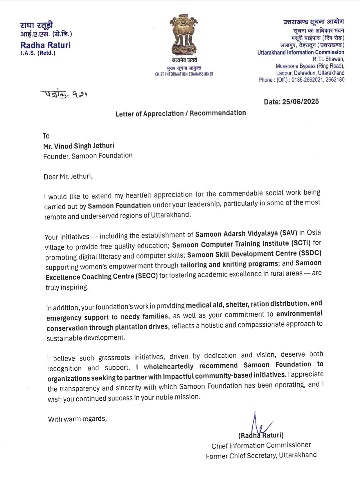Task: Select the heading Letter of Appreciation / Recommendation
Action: pos(181,113)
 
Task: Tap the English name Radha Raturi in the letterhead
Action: pos(46,45)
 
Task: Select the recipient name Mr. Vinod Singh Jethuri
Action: pos(79,146)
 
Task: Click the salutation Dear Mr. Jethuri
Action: pos(68,177)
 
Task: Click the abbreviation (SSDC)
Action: pos(310,253)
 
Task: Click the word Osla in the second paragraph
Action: pos(314,232)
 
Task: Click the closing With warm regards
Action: pos(77,419)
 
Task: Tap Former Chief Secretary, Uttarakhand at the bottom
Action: pos(261,456)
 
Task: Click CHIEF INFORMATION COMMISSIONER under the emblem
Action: pos(184,74)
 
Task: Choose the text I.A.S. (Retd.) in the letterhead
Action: pos(38,53)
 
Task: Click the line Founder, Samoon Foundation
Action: pos(88,156)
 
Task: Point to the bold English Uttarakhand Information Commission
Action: pos(301,52)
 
